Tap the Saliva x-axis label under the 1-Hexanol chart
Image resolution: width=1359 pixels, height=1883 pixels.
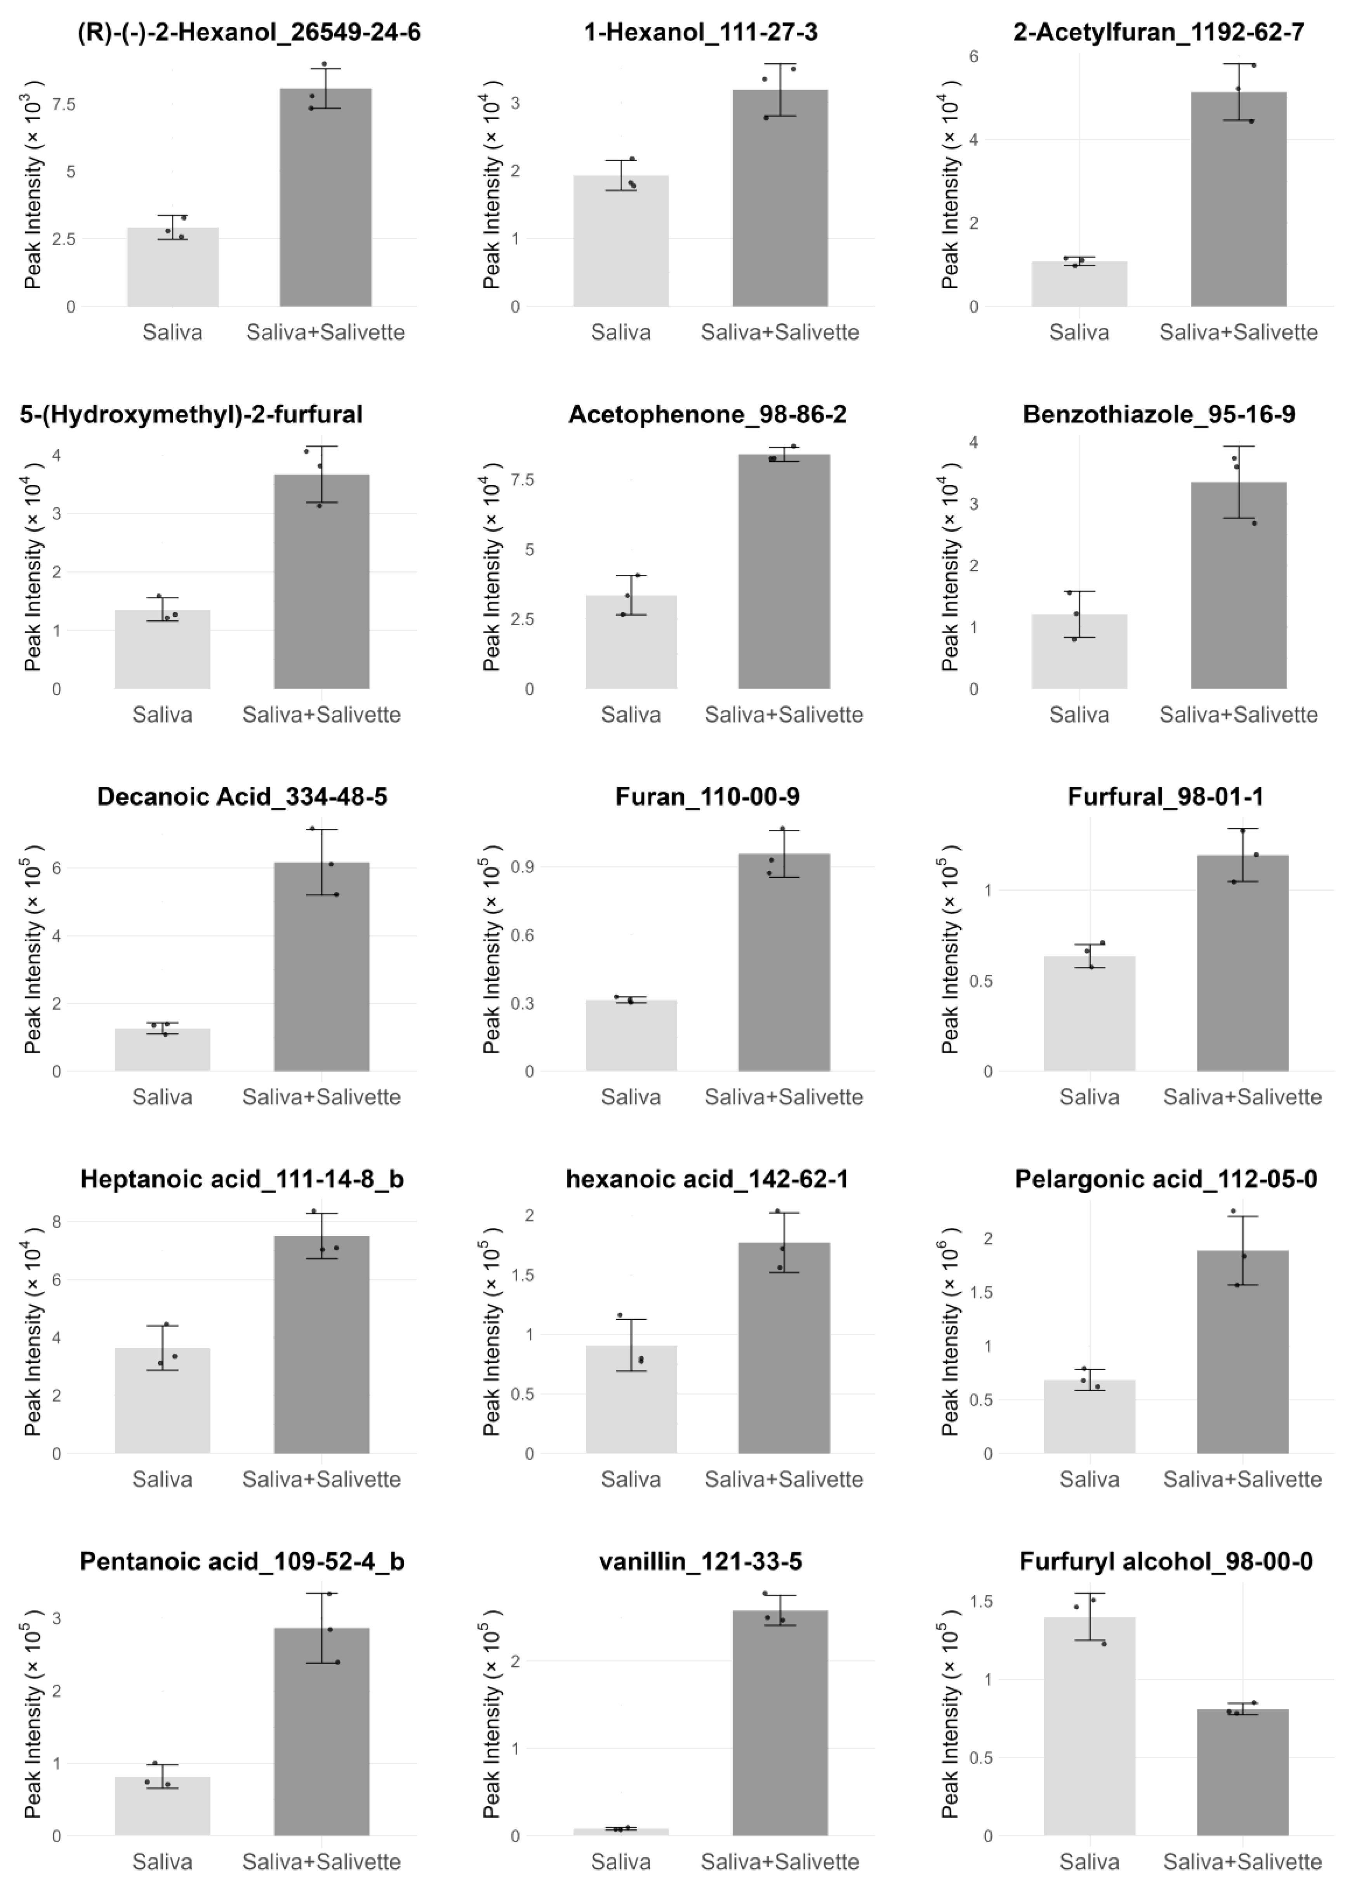pyautogui.click(x=620, y=332)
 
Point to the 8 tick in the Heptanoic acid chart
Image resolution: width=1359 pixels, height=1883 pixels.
pyautogui.click(x=56, y=1222)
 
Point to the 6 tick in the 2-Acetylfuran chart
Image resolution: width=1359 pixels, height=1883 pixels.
pyautogui.click(x=973, y=56)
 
